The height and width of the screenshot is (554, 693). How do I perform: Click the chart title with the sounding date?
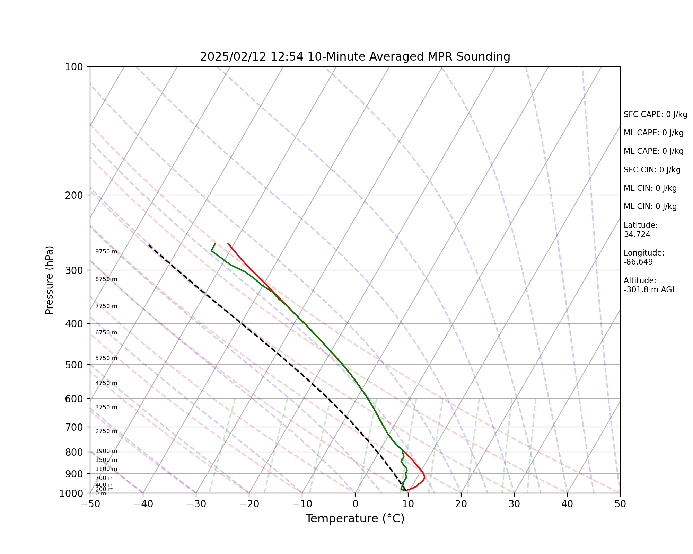[355, 56]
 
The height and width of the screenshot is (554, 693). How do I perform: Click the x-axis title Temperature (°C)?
[355, 519]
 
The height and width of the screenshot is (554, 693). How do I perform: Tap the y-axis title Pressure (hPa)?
[50, 280]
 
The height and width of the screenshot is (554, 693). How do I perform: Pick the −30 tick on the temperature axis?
[196, 504]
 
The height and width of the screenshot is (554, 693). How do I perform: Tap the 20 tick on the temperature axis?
[461, 504]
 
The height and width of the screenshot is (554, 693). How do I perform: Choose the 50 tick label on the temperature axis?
[620, 504]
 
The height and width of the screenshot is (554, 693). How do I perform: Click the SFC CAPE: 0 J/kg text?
[655, 115]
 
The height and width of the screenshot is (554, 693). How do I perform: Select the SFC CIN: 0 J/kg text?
[652, 170]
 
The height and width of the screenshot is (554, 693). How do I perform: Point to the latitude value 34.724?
[637, 235]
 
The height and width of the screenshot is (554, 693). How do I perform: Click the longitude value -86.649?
[638, 262]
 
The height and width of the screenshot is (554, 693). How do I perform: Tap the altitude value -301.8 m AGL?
[650, 290]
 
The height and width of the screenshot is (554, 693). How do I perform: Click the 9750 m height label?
[106, 252]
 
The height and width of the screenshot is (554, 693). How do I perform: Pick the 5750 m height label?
[106, 358]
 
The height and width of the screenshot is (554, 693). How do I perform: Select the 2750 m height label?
[106, 431]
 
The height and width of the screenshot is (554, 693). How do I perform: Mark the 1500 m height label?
[106, 460]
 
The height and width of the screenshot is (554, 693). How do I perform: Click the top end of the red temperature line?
[228, 243]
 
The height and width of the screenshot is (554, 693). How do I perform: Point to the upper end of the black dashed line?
[149, 244]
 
